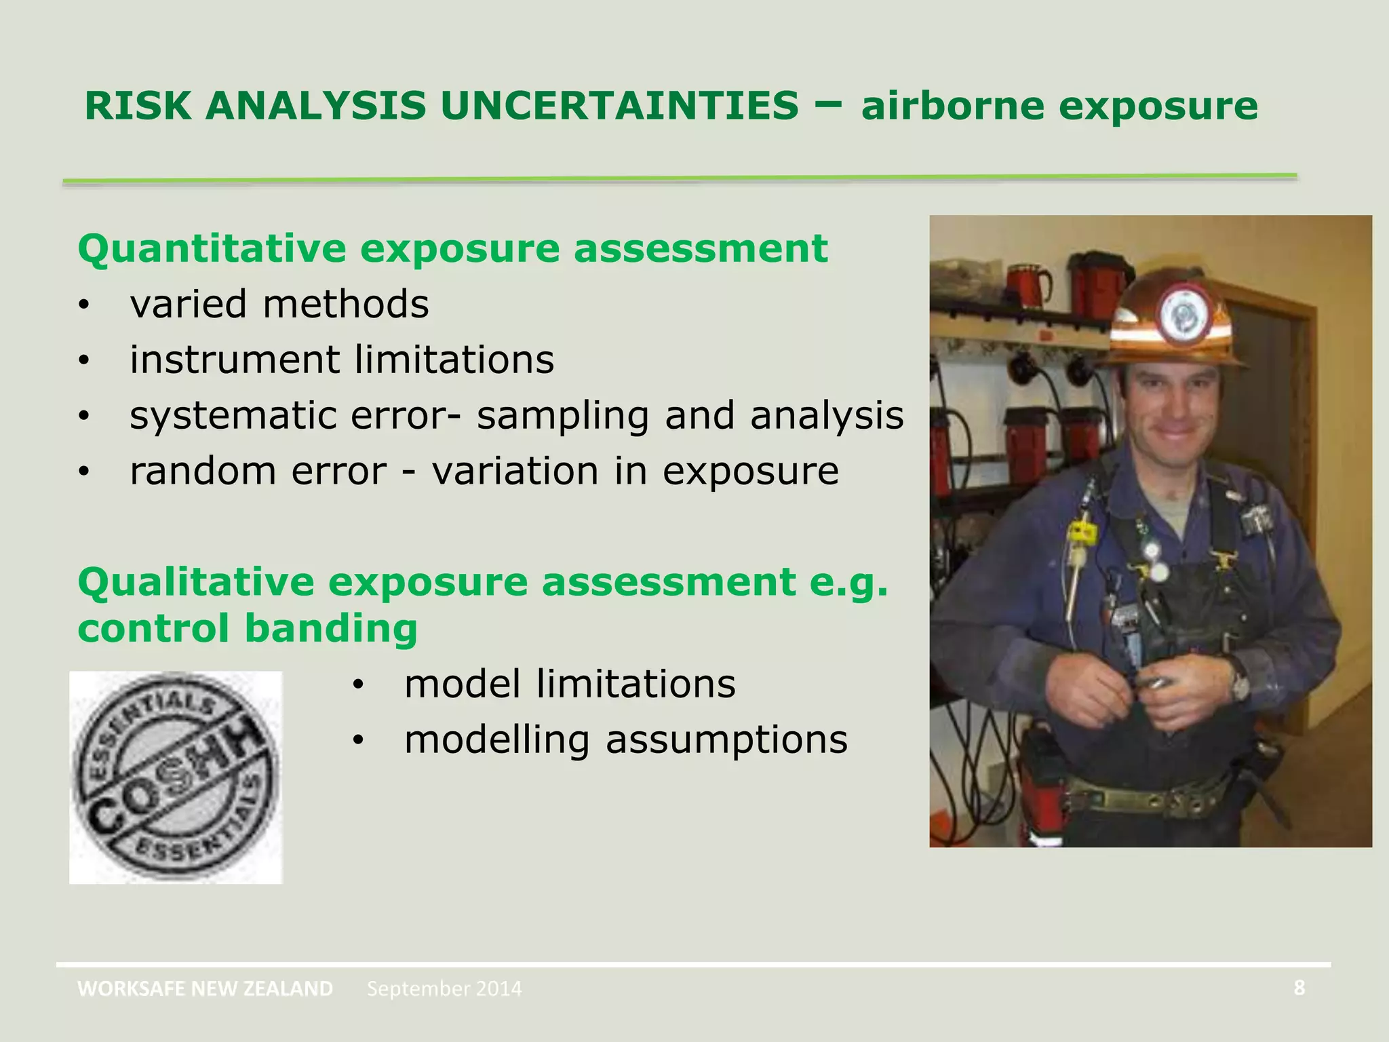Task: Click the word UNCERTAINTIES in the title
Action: (619, 107)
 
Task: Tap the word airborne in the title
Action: (953, 107)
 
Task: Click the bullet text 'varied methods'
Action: (279, 304)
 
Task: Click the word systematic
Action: (232, 415)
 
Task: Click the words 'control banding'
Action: (247, 628)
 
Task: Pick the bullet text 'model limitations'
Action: (569, 684)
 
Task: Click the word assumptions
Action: (726, 739)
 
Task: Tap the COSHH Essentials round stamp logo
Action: (176, 777)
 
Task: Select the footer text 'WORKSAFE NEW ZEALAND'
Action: (205, 988)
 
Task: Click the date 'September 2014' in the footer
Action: (444, 988)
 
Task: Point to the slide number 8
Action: (1299, 988)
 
